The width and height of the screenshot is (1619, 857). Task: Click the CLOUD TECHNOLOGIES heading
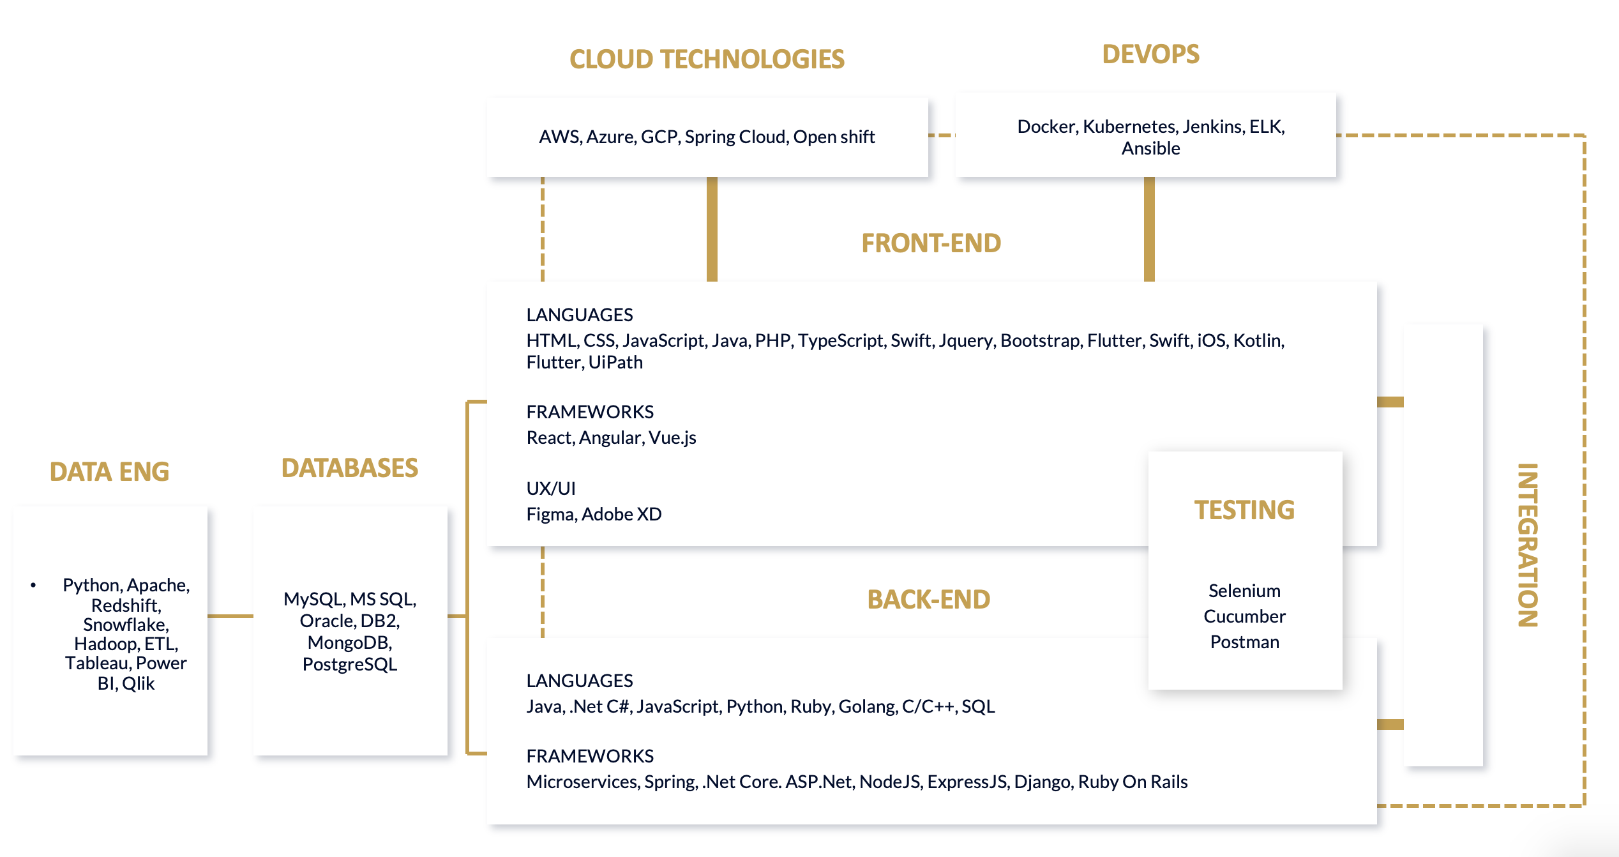pyautogui.click(x=707, y=59)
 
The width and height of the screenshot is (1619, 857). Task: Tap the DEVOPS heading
pyautogui.click(x=1150, y=54)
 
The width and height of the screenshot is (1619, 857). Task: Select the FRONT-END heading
pyautogui.click(x=931, y=243)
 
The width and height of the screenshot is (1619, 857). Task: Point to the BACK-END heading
pyautogui.click(x=928, y=600)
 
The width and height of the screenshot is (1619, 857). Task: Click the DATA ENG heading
pyautogui.click(x=109, y=472)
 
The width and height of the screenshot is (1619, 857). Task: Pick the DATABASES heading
pyautogui.click(x=350, y=468)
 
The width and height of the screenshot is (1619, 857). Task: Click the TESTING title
pyautogui.click(x=1244, y=510)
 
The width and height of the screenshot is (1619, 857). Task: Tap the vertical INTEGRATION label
pyautogui.click(x=1527, y=545)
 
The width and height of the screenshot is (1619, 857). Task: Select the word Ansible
pyautogui.click(x=1150, y=148)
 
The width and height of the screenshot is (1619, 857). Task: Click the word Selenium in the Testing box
pyautogui.click(x=1244, y=591)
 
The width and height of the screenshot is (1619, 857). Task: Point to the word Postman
pyautogui.click(x=1244, y=642)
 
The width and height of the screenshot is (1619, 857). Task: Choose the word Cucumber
pyautogui.click(x=1244, y=616)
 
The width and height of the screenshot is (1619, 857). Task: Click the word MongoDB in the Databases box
pyautogui.click(x=349, y=642)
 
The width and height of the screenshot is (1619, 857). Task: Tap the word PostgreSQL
pyautogui.click(x=349, y=664)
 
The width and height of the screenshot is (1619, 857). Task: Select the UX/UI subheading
pyautogui.click(x=550, y=489)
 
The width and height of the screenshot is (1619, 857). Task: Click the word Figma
pyautogui.click(x=550, y=514)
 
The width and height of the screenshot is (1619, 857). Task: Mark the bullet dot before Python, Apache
pyautogui.click(x=33, y=585)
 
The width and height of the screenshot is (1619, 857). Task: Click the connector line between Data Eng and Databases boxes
pyautogui.click(x=230, y=616)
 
